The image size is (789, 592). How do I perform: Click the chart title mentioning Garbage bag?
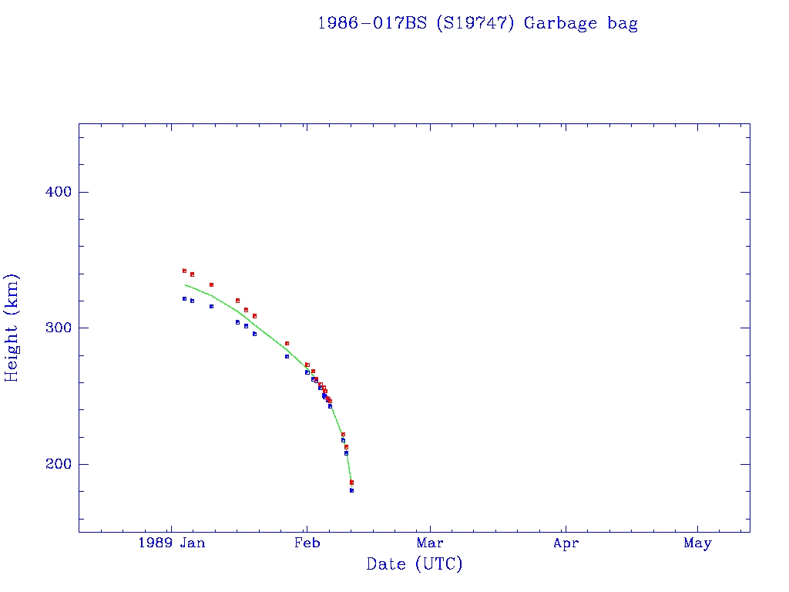tap(477, 23)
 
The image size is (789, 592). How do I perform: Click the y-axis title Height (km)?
tap(12, 328)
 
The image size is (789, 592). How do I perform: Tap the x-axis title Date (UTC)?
tap(415, 564)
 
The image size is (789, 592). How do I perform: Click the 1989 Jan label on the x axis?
tap(171, 543)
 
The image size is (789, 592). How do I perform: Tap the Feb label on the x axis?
tap(307, 543)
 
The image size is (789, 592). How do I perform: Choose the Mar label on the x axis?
tap(430, 543)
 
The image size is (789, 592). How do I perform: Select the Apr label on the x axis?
tap(566, 543)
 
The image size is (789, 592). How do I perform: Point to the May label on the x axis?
tap(697, 543)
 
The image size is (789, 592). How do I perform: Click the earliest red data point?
tap(184, 271)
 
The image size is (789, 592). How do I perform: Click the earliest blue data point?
tap(184, 298)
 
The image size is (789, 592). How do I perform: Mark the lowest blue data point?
tap(351, 490)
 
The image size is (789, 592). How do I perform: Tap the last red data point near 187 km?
tap(351, 483)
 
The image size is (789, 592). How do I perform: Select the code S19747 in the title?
tap(474, 23)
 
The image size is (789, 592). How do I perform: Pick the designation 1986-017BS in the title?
tap(372, 23)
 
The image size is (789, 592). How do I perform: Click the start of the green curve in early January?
tap(186, 285)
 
